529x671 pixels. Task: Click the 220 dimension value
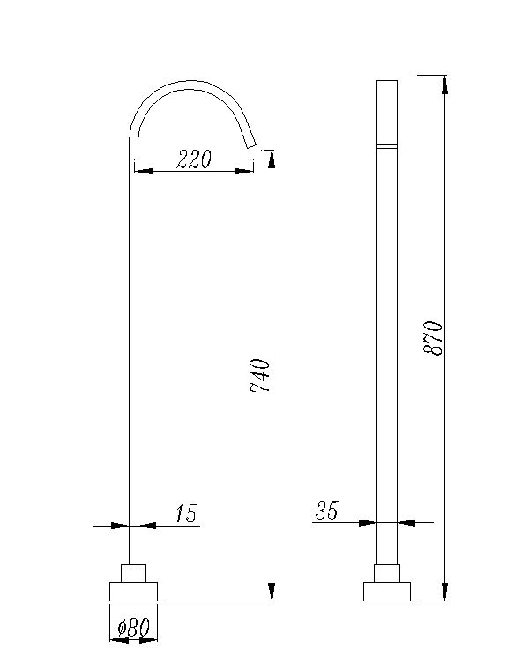point(194,159)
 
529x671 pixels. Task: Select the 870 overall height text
point(433,337)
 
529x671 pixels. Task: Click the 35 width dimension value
point(327,510)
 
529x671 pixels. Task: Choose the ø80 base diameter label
point(133,628)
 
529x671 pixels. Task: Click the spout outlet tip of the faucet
point(250,143)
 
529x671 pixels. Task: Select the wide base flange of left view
point(133,591)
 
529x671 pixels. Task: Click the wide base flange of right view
point(387,591)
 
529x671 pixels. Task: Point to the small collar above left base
point(133,572)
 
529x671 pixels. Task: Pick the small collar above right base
point(387,572)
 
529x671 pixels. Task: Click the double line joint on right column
point(387,144)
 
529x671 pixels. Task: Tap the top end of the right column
point(387,82)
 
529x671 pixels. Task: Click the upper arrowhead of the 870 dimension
point(445,84)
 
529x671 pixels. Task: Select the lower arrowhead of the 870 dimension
point(445,592)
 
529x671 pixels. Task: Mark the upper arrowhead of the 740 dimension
point(272,159)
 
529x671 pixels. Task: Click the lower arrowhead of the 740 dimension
point(272,592)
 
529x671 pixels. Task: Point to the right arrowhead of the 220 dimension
point(246,171)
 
